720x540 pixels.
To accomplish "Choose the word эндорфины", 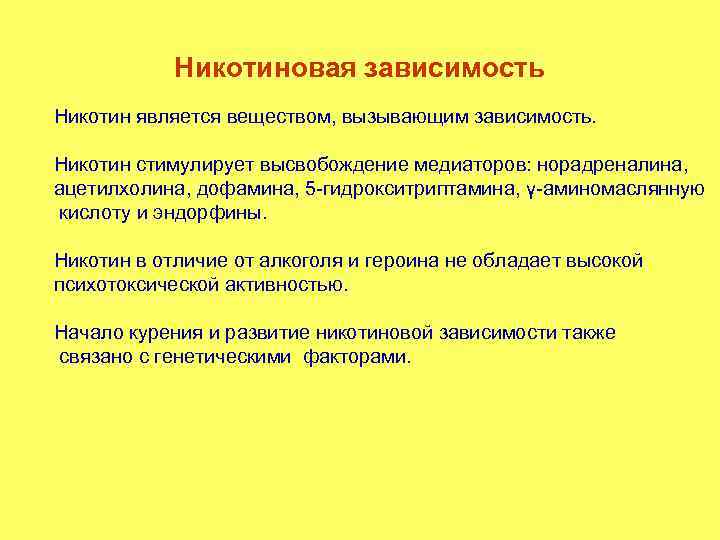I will (x=218, y=213).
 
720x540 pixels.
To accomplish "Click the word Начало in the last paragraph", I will (x=88, y=333).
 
